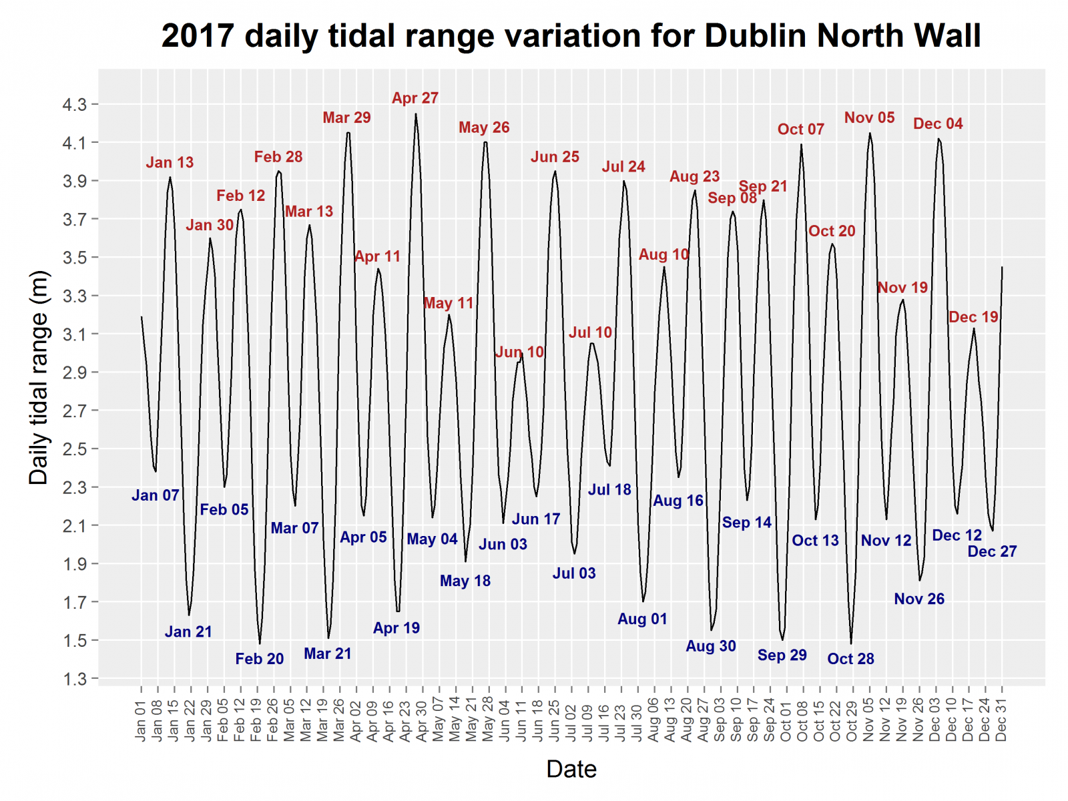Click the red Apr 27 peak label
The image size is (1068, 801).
415,98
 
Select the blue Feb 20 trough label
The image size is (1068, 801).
259,659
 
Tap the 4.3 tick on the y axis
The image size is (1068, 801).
74,104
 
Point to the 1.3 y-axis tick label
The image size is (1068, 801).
74,679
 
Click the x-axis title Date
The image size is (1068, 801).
571,769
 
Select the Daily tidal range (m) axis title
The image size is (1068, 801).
39,377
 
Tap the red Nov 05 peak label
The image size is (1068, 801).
868,118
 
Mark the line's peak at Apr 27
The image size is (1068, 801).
416,114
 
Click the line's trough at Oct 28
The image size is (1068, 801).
851,643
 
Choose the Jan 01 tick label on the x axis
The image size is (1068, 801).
140,720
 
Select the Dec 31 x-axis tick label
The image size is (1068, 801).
1001,720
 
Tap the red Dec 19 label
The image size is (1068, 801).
973,317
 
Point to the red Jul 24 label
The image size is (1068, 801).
623,167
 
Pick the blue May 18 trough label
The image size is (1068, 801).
465,581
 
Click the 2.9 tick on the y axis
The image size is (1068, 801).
74,372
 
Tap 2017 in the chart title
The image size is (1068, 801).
198,36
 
